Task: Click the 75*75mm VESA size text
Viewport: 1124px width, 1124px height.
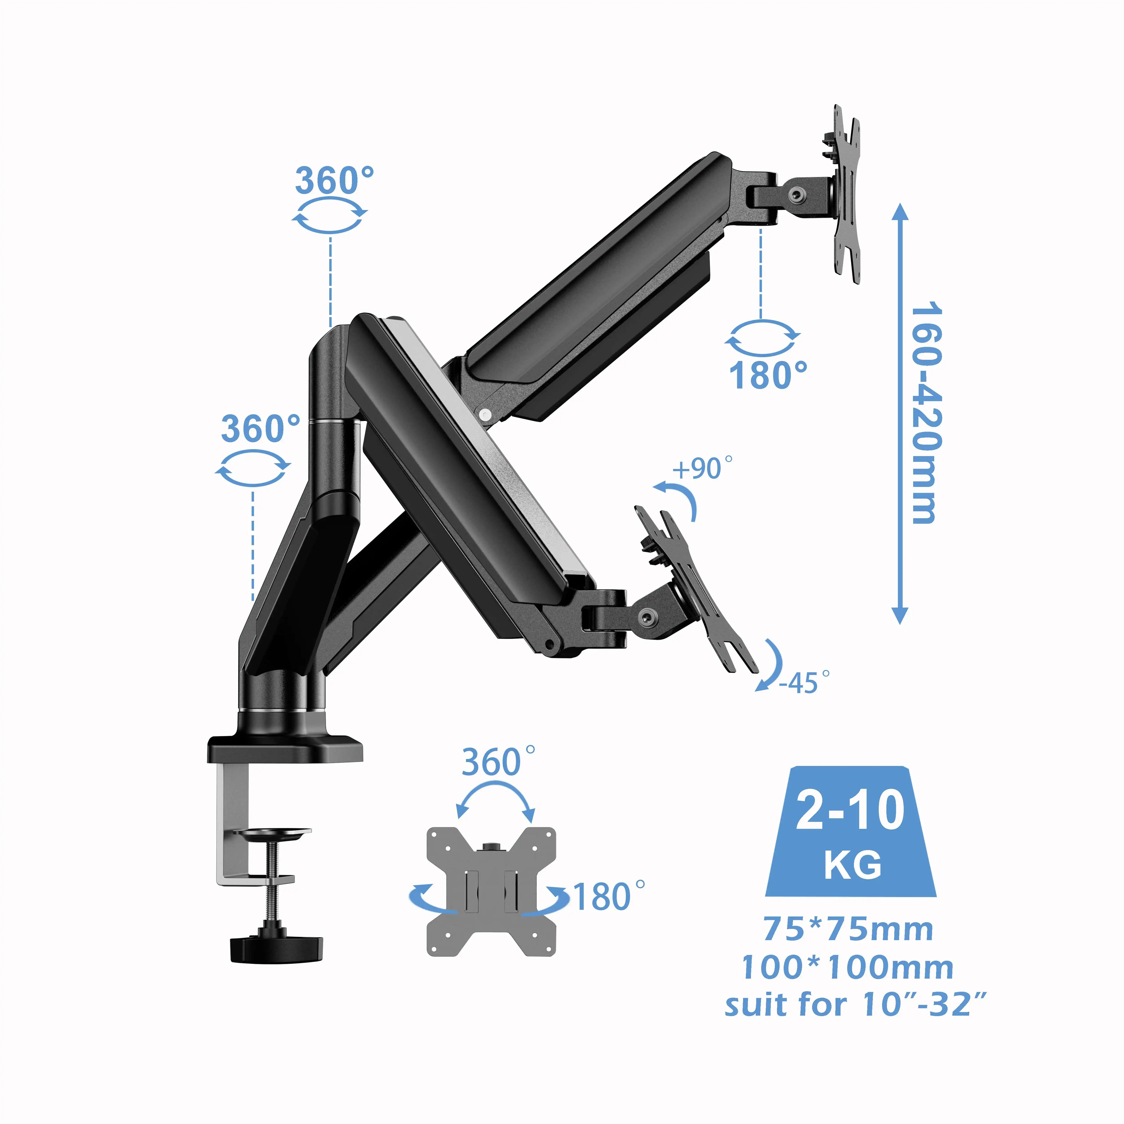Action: coord(848,929)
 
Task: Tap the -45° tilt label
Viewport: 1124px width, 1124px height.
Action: coord(804,682)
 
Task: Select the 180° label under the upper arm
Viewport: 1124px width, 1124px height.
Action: coord(768,375)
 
